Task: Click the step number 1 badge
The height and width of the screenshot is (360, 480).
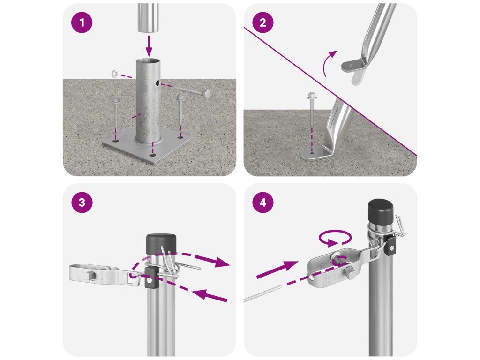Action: pos(82,22)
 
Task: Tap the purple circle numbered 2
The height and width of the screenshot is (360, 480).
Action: pos(262,22)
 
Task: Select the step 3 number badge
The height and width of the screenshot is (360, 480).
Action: pos(82,202)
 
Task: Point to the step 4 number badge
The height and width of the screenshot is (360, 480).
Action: pos(262,202)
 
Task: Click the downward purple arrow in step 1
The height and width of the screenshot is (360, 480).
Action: pos(149,45)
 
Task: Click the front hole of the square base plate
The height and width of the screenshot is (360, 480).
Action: pos(152,155)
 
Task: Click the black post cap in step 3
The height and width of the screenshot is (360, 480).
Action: pos(161,244)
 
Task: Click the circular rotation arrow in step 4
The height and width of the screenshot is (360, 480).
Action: pos(335,238)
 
